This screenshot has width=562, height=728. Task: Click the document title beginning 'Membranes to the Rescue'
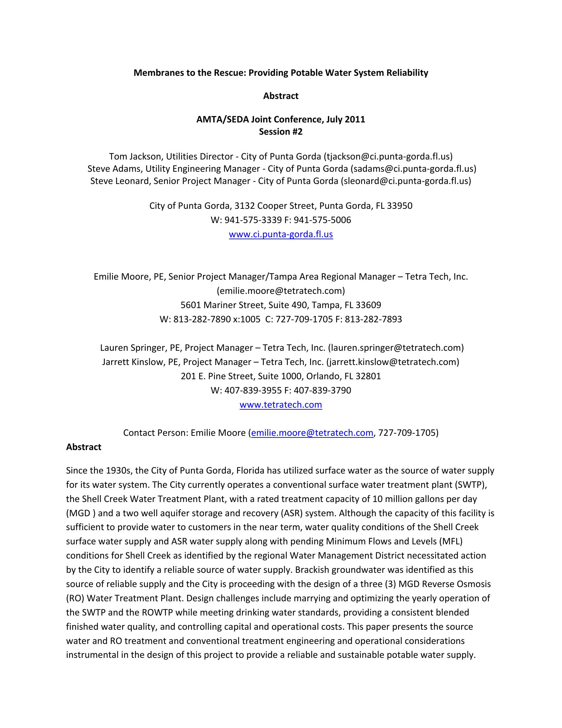click(281, 73)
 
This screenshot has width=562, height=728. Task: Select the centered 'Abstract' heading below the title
click(281, 96)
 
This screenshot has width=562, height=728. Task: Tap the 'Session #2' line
click(281, 132)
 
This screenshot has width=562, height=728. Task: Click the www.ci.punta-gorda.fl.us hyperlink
click(281, 234)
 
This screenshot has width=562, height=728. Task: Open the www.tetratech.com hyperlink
click(281, 405)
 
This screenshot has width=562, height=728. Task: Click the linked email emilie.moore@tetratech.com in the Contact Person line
click(312, 433)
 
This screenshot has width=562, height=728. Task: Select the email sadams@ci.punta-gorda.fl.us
click(413, 169)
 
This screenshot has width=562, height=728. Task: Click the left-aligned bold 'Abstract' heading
click(84, 447)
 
